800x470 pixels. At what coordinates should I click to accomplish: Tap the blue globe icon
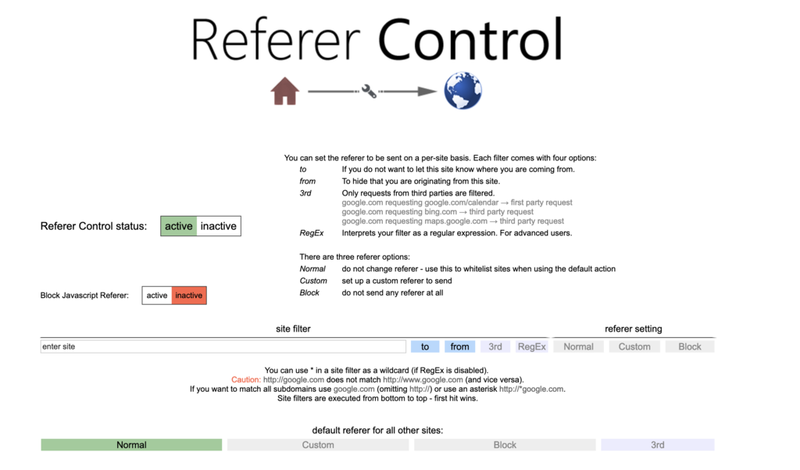pos(462,91)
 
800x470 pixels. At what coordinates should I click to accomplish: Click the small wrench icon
pos(369,91)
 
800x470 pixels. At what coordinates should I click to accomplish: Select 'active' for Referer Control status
pos(179,226)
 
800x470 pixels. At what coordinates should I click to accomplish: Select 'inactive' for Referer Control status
pos(219,226)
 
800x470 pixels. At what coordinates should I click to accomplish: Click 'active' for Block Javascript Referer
pos(156,296)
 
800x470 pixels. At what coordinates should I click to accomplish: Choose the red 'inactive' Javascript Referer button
pos(189,296)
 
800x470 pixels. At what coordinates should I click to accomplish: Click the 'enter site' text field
pos(223,346)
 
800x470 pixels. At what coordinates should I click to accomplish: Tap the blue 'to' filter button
pos(425,346)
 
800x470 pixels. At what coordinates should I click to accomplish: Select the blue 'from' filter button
pos(459,346)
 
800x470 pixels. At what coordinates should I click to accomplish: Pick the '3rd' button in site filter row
pos(495,346)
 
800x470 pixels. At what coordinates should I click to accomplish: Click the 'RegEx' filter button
pos(531,346)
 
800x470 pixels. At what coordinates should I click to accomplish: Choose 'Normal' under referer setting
pos(579,346)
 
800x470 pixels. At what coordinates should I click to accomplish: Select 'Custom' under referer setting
pos(634,346)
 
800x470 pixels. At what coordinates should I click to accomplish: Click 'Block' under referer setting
pos(690,346)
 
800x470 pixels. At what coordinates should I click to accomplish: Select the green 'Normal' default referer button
pos(131,445)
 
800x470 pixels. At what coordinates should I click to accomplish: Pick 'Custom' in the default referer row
pos(318,445)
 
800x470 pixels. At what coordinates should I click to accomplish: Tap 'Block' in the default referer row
pos(505,445)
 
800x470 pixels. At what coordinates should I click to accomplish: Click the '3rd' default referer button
pos(658,445)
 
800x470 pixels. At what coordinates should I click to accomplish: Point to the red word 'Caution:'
pos(246,379)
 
